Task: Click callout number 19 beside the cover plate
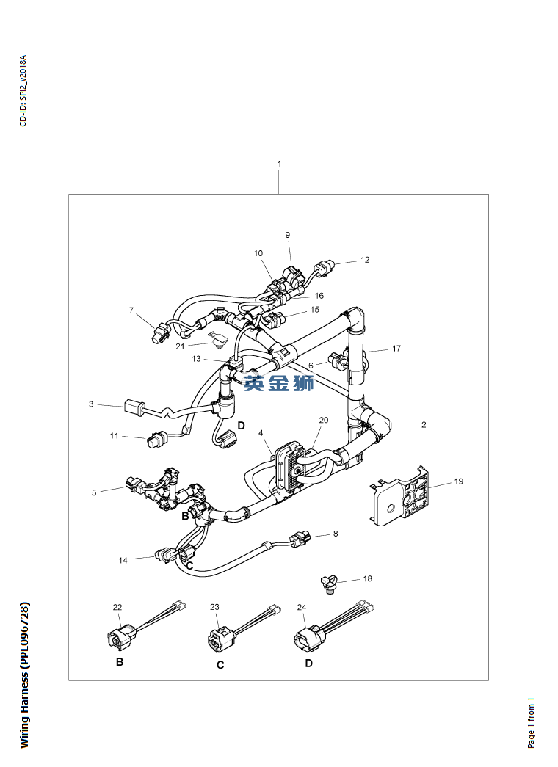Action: tap(459, 482)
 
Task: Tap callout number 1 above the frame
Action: tap(279, 164)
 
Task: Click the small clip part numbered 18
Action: tap(327, 584)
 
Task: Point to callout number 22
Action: tap(117, 607)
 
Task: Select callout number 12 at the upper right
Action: tap(365, 260)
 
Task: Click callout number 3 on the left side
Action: tap(91, 404)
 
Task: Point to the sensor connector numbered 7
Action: tap(157, 335)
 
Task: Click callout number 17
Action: tap(396, 349)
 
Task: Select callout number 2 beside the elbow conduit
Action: tap(424, 424)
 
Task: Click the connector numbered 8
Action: tap(300, 541)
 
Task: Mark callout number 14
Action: tap(123, 560)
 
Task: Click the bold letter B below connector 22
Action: tap(120, 662)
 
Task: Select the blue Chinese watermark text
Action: tap(279, 382)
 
